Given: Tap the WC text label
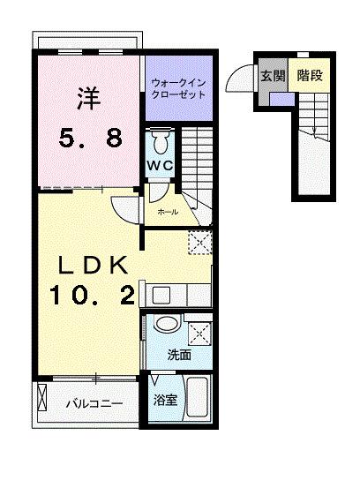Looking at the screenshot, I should click(160, 166).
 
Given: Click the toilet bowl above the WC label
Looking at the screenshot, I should click(160, 140).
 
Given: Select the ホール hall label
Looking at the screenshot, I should click(167, 212).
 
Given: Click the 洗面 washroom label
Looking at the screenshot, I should click(179, 356).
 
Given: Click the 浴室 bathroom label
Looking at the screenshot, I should click(165, 401).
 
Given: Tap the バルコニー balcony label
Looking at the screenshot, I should click(93, 404).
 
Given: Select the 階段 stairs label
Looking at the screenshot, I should click(309, 76).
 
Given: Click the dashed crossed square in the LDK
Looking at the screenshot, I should click(200, 242).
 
